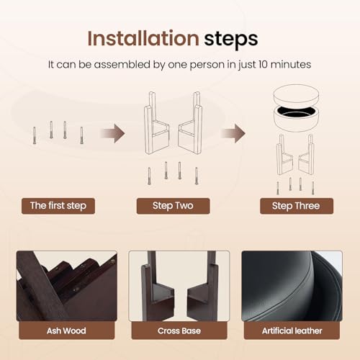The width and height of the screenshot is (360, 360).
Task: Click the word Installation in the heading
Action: pos(143,38)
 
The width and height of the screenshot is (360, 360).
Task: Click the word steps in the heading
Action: pos(231,40)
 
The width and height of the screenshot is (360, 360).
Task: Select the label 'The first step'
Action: pos(58,206)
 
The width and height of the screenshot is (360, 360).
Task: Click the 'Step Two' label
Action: pos(173,206)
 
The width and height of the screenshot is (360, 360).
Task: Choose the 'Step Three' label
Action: pos(297,206)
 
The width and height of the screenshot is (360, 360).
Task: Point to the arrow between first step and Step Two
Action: pos(113,133)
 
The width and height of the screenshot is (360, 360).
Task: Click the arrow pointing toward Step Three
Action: pos(233,133)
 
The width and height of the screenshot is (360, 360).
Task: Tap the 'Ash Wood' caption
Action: pos(66,330)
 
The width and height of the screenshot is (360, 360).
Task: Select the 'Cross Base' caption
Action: pos(179,330)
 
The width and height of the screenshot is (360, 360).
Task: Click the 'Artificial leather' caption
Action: pos(292,330)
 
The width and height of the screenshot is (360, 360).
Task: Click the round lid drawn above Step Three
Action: pos(297,94)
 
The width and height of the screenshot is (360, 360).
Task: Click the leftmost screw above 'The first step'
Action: pos(35,135)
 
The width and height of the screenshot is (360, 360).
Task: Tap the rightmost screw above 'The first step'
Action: pos(81,135)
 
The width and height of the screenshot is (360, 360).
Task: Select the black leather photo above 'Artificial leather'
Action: pos(292,286)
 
